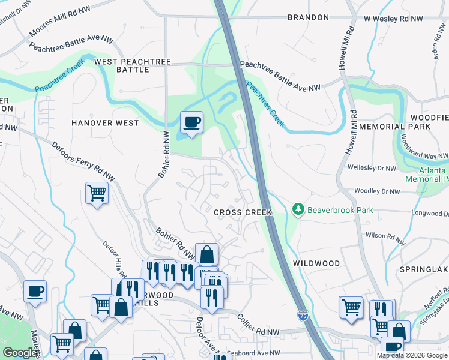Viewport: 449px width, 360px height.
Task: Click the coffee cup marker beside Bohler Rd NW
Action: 191,123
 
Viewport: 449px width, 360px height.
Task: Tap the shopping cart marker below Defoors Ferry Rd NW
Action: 97,193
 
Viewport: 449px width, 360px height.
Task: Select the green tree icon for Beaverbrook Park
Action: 297,209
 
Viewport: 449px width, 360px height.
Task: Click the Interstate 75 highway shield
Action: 304,315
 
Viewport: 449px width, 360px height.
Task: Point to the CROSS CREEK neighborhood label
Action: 243,212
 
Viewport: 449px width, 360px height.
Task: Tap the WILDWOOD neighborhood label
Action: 316,263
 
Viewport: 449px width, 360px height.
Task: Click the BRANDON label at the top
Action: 308,18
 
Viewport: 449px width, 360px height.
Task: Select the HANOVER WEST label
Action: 105,123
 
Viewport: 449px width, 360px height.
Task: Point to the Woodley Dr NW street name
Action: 377,191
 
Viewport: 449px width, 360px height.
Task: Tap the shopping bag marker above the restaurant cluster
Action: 206,254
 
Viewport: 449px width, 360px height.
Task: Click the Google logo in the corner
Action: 19,353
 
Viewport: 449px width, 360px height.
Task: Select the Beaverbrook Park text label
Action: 340,210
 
